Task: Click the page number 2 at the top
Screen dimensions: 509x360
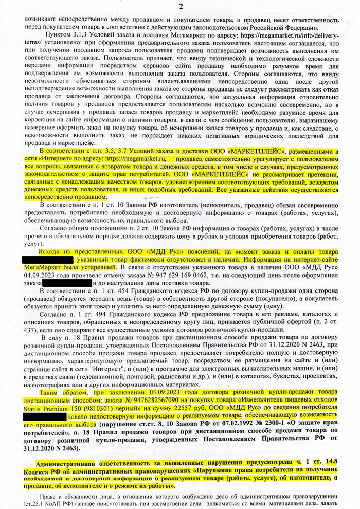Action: click(180, 7)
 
